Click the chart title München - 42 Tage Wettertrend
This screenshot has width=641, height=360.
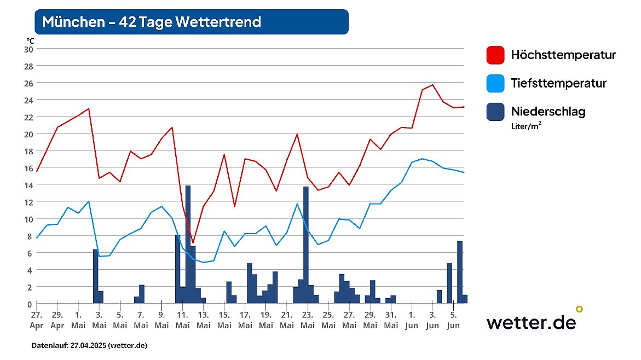click(152, 22)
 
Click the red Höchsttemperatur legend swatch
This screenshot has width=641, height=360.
click(495, 55)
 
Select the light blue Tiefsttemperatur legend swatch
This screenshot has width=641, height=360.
click(495, 84)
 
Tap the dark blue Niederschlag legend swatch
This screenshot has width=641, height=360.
click(495, 112)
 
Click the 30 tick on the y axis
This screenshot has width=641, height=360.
click(28, 49)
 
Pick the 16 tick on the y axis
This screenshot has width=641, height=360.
click(28, 168)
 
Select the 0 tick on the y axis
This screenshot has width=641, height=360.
click(31, 304)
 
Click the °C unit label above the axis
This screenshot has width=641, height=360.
click(30, 40)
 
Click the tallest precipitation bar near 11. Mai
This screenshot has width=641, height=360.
click(188, 243)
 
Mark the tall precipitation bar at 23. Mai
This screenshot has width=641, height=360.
click(306, 245)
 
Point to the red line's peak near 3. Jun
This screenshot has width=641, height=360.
click(433, 85)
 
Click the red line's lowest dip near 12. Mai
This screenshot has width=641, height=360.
click(193, 242)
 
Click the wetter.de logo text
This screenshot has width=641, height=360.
click(531, 322)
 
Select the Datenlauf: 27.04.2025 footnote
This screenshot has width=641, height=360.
click(89, 346)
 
